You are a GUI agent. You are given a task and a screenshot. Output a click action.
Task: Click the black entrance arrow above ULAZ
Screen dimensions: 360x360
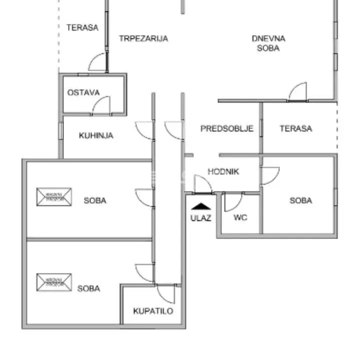(x=200, y=206)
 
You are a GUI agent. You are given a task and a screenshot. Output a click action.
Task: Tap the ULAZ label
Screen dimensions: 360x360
(x=200, y=217)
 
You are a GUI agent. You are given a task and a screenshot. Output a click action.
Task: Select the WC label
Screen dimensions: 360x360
(x=240, y=217)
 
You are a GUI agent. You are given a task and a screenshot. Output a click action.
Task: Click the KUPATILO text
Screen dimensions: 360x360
(x=153, y=311)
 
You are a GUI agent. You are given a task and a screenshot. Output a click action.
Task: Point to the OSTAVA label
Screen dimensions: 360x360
(x=83, y=92)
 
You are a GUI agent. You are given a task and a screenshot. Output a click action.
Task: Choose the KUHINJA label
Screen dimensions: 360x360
(x=96, y=135)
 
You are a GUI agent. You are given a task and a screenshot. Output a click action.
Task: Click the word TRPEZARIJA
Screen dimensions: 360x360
(x=143, y=38)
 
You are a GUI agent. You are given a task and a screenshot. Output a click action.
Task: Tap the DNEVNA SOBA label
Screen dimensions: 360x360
(x=268, y=43)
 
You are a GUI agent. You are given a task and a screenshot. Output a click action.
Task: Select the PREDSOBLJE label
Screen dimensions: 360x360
(x=227, y=128)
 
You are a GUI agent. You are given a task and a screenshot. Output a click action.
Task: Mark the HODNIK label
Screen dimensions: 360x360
(x=223, y=171)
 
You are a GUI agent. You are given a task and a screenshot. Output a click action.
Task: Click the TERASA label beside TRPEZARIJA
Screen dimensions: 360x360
(x=82, y=27)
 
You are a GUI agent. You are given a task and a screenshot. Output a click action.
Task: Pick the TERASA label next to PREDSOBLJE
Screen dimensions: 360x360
(x=295, y=128)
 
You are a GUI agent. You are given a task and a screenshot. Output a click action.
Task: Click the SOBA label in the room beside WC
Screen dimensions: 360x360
(x=300, y=200)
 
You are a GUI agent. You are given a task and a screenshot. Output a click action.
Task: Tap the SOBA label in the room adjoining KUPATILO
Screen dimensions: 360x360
(x=88, y=288)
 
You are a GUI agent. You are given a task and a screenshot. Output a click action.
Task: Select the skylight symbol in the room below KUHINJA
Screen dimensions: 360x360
(x=54, y=196)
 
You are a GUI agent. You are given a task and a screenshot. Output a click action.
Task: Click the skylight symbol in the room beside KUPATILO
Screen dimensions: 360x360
(x=54, y=282)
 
